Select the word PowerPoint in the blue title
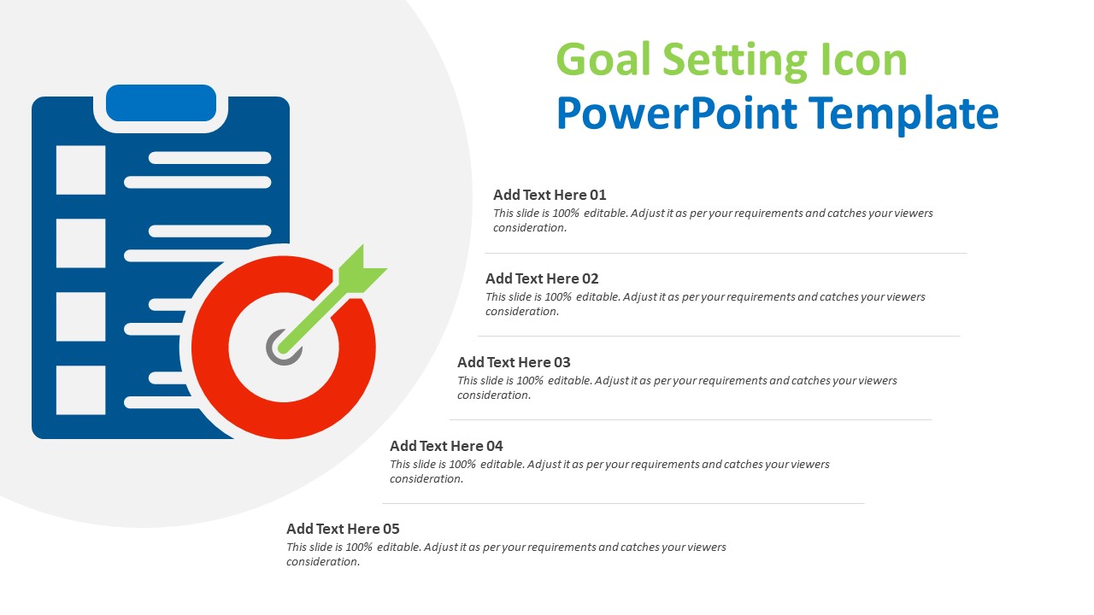[x=674, y=114]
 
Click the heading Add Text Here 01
[x=550, y=195]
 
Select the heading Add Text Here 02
[x=542, y=278]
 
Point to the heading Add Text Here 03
[x=514, y=362]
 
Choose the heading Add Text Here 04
[x=446, y=446]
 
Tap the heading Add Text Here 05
[x=343, y=529]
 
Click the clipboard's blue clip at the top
[x=161, y=102]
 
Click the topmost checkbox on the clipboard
[x=80, y=170]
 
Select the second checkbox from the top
[x=80, y=243]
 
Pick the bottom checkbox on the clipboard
[x=80, y=390]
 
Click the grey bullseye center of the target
[x=282, y=348]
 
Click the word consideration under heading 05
[x=322, y=562]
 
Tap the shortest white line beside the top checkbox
[x=209, y=158]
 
